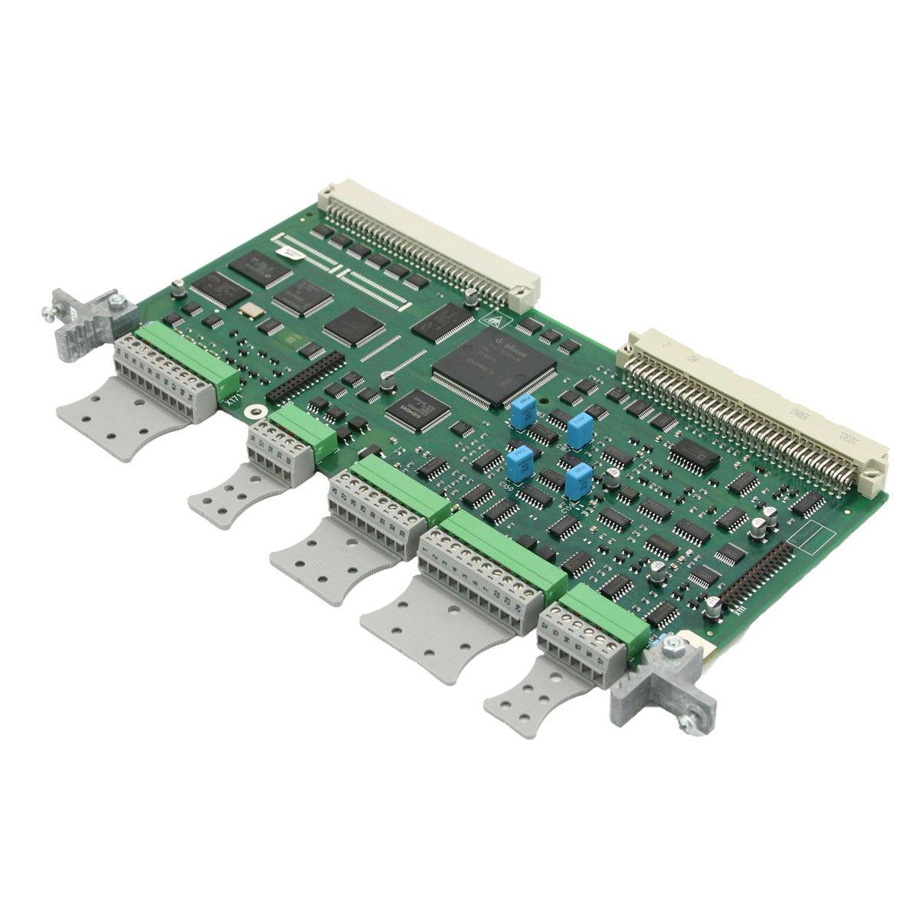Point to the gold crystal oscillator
pos(249,311)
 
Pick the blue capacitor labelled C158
pos(579,482)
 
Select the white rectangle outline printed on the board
pos(813,535)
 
